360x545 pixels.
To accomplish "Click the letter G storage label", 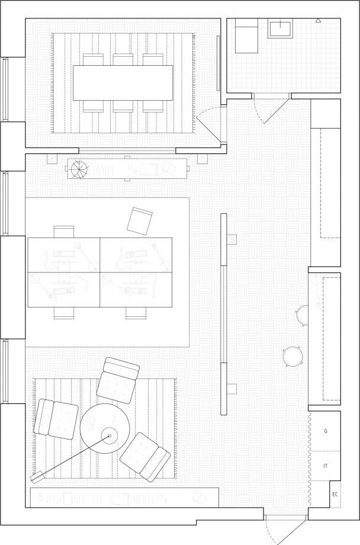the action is [x=326, y=431].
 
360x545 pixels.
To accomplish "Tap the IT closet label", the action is [x=326, y=466].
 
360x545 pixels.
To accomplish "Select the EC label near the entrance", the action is [x=335, y=494].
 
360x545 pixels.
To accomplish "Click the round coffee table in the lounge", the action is [x=105, y=428].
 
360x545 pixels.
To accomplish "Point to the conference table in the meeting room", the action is [x=123, y=83].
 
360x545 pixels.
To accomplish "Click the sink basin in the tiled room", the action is [x=280, y=28].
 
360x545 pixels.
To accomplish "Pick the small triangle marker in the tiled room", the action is [x=318, y=21].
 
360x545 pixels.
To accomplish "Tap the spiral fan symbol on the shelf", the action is [x=79, y=169].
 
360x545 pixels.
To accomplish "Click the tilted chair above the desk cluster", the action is [x=140, y=221].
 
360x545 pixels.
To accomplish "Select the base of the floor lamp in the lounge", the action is [x=36, y=477].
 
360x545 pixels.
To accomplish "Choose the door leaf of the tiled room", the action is [x=277, y=111].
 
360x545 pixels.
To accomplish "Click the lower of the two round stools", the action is [x=292, y=356].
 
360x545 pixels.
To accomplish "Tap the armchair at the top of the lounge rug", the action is [x=118, y=380].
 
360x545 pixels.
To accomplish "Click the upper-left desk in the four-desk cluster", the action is [x=63, y=255].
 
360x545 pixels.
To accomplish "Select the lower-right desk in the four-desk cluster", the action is [x=136, y=290].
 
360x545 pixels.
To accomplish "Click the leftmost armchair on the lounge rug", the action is [x=56, y=419].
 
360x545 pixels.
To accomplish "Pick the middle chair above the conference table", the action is [x=123, y=60].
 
